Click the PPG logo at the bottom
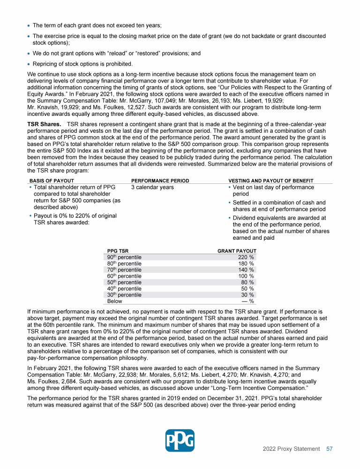click(x=180, y=441)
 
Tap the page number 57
click(x=330, y=449)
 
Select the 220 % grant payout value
click(x=246, y=257)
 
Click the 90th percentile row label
click(x=124, y=257)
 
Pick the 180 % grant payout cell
click(x=246, y=264)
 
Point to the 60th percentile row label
click(x=124, y=276)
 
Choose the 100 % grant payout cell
click(x=246, y=276)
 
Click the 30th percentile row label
click(x=124, y=295)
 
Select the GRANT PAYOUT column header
click(x=237, y=251)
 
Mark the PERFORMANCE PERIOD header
click(x=160, y=181)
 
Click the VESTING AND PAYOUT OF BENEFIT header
click(x=270, y=181)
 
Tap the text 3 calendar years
click(x=152, y=188)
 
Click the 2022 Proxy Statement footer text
click(x=291, y=449)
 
